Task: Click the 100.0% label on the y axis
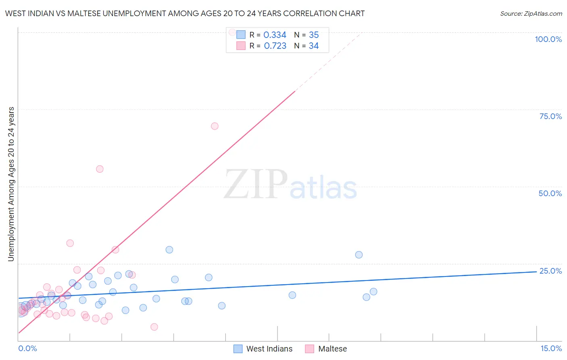click(548, 39)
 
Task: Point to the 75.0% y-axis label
click(550, 116)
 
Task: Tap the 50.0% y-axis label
click(550, 193)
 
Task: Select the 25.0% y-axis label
click(550, 271)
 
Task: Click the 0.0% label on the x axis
click(27, 348)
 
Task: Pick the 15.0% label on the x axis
click(551, 348)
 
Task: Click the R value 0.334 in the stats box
click(275, 35)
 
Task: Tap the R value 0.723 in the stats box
click(275, 46)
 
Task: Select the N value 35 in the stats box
click(314, 35)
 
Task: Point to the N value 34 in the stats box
click(314, 46)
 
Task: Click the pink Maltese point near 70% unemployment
click(215, 126)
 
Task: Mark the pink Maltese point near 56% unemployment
click(100, 169)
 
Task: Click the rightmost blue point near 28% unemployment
click(359, 255)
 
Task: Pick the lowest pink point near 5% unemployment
click(154, 327)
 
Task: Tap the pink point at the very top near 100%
click(232, 32)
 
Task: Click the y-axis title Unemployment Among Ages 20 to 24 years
click(11, 184)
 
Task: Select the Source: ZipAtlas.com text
click(531, 14)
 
